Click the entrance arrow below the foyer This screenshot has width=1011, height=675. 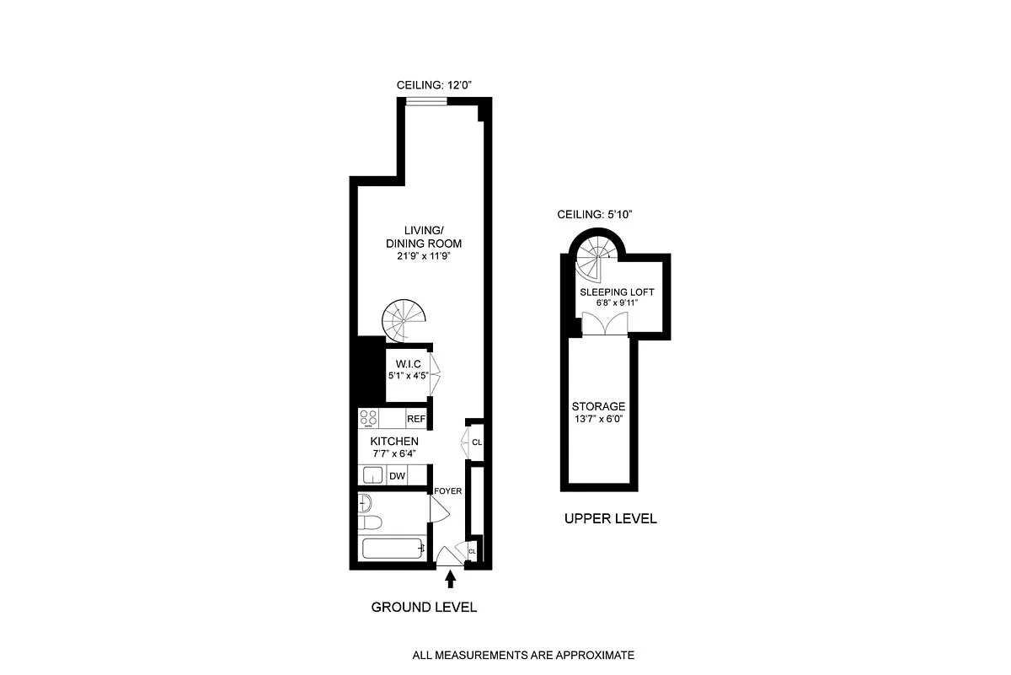pyautogui.click(x=450, y=579)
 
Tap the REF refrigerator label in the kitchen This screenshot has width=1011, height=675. pyautogui.click(x=415, y=419)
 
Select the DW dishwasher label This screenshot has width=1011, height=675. pyautogui.click(x=397, y=476)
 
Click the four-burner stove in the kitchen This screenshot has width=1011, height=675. pyautogui.click(x=368, y=418)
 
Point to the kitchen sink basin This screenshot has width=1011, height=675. pyautogui.click(x=372, y=475)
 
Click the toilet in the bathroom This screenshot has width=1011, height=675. pyautogui.click(x=369, y=522)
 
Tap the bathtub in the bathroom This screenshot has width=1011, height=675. pyautogui.click(x=393, y=549)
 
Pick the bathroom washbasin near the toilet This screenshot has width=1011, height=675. pyautogui.click(x=365, y=503)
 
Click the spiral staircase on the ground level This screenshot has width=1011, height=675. pyautogui.click(x=404, y=320)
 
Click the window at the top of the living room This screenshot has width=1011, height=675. pyautogui.click(x=426, y=102)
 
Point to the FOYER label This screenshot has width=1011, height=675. pyautogui.click(x=447, y=490)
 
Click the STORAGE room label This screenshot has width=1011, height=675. pyautogui.click(x=598, y=406)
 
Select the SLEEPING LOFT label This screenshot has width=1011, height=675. pyautogui.click(x=617, y=292)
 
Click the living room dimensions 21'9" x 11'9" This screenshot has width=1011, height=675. pyautogui.click(x=424, y=256)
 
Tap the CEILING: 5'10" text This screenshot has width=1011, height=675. pyautogui.click(x=595, y=214)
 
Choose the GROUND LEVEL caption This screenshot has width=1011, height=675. pyautogui.click(x=424, y=608)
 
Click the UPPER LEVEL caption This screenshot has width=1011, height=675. pyautogui.click(x=611, y=519)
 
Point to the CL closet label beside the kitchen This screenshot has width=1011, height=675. pyautogui.click(x=477, y=442)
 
